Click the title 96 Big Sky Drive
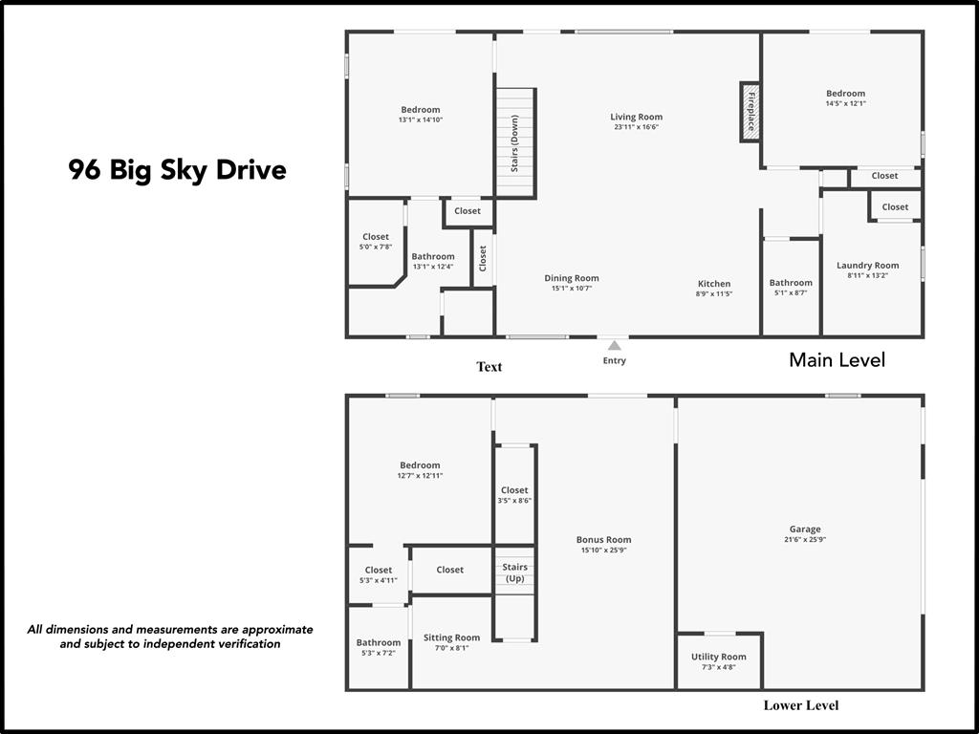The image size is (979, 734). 177,170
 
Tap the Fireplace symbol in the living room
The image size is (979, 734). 751,112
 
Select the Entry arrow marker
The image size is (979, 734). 614,346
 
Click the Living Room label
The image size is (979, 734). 636,118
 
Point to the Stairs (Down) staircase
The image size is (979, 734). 514,142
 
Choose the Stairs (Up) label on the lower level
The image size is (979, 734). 514,572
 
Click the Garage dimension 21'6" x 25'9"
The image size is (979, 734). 804,539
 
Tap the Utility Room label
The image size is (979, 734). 718,657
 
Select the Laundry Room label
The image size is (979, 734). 867,266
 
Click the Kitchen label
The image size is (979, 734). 713,284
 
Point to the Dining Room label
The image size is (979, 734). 572,279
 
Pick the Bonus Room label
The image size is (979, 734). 603,540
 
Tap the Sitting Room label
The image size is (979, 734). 451,637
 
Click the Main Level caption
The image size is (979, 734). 837,360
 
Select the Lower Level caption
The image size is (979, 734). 800,705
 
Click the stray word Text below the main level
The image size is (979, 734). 489,366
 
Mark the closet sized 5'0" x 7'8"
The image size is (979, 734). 376,242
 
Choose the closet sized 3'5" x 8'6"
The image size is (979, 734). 514,495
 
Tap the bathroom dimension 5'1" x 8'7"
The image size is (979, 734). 791,292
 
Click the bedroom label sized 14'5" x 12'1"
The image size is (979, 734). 845,94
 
